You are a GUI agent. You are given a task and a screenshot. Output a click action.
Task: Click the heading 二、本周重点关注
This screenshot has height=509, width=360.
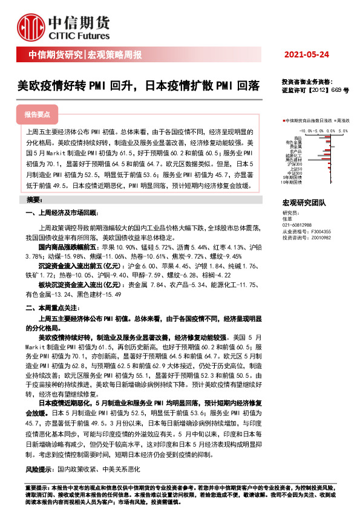pos(52,308)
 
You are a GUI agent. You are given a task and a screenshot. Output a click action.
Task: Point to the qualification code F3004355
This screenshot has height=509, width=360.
pos(321,231)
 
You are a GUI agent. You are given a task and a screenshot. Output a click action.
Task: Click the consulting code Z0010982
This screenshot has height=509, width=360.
pos(321,238)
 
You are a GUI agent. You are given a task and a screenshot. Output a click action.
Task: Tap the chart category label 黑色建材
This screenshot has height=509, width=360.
pos(293,159)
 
